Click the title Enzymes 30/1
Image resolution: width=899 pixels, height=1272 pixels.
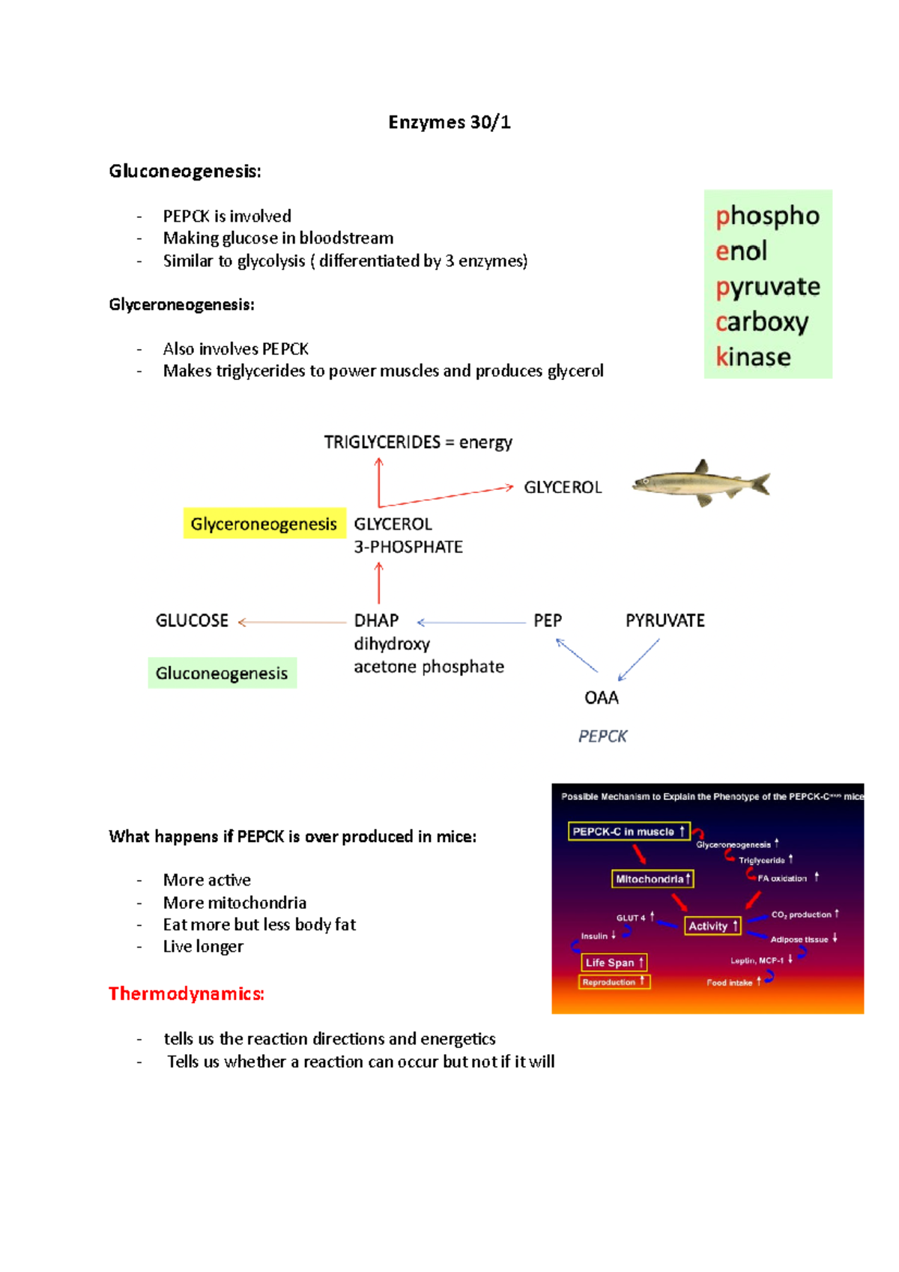point(449,122)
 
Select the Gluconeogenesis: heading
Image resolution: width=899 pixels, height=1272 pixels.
point(185,172)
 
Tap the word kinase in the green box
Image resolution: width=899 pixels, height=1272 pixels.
point(753,357)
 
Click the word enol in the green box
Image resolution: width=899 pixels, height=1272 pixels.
point(741,251)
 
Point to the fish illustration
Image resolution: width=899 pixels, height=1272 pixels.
point(701,483)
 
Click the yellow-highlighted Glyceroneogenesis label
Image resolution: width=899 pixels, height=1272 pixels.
point(264,524)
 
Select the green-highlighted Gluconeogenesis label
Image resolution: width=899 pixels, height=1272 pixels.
point(222,673)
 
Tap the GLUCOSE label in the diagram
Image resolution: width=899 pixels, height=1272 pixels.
point(192,620)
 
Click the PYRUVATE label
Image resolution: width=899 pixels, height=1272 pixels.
point(665,620)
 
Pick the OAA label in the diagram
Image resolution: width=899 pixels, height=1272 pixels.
point(601,698)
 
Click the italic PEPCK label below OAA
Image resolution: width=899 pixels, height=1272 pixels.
point(602,736)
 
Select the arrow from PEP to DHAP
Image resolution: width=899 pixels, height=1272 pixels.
point(472,623)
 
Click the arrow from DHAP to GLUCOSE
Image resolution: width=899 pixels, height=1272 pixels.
point(292,622)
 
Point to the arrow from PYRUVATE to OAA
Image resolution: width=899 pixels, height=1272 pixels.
point(639,659)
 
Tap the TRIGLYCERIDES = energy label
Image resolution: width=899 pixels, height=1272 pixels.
point(418,442)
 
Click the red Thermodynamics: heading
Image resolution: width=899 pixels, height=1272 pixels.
point(187,994)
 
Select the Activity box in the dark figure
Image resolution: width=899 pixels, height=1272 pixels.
point(712,926)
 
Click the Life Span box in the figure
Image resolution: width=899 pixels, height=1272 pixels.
point(614,963)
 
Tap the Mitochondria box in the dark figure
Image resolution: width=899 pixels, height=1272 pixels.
point(653,879)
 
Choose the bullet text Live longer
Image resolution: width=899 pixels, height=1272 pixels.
point(203,947)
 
